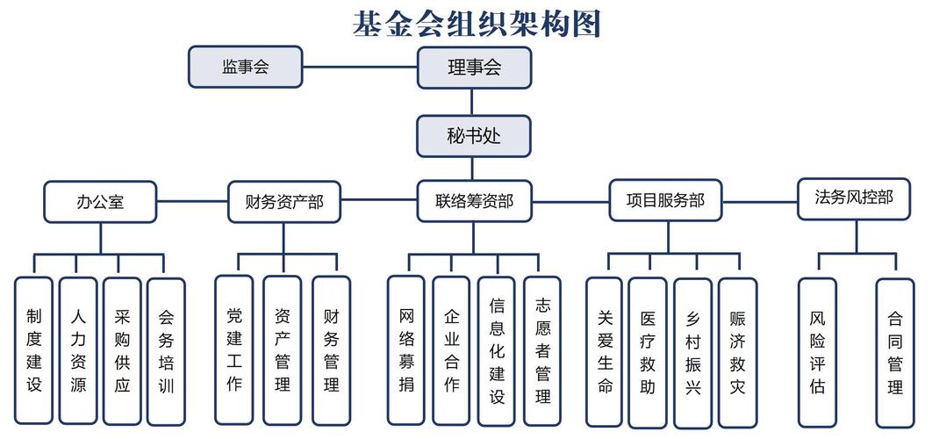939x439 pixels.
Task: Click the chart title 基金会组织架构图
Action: (x=477, y=24)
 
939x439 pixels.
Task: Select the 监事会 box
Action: (x=246, y=67)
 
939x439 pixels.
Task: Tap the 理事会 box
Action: (x=474, y=68)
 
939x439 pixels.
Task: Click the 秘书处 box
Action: (x=474, y=136)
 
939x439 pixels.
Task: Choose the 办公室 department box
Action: (x=100, y=202)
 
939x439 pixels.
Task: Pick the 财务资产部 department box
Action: (x=284, y=202)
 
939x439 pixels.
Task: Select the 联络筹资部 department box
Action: (x=474, y=202)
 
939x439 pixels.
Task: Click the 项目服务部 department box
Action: (x=665, y=201)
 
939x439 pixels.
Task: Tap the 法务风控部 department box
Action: (x=854, y=198)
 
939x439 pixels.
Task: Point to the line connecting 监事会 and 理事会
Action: (x=360, y=67)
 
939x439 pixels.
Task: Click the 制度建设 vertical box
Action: (x=33, y=351)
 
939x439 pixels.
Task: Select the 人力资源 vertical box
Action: (x=78, y=351)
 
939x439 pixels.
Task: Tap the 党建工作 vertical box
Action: (x=234, y=350)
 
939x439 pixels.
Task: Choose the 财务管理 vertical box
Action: (x=331, y=350)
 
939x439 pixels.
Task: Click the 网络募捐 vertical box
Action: (x=406, y=350)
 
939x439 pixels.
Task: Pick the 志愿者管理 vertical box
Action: (x=542, y=350)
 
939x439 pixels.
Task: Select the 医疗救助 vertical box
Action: (x=648, y=351)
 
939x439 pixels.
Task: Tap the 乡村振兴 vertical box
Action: (x=692, y=351)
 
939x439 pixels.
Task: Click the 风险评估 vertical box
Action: (x=817, y=351)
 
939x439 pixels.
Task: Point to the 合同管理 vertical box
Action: (x=895, y=351)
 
